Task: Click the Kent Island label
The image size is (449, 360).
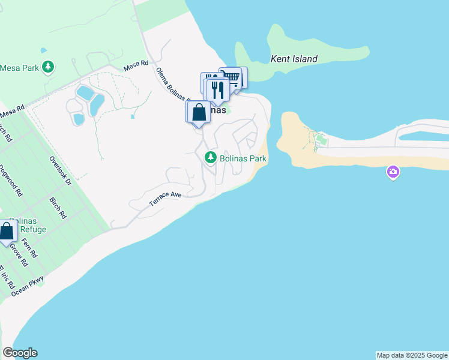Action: click(294, 59)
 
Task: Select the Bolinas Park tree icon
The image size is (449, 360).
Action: click(210, 158)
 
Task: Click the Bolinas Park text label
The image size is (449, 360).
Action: click(243, 158)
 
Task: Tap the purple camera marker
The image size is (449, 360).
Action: click(393, 173)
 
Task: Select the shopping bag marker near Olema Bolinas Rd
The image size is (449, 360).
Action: click(199, 112)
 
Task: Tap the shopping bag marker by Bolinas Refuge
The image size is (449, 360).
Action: click(7, 231)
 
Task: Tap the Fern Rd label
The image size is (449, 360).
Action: click(29, 248)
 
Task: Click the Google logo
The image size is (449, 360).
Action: click(20, 353)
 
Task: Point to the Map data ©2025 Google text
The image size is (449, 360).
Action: click(412, 355)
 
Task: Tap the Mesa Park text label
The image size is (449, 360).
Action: click(20, 67)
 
